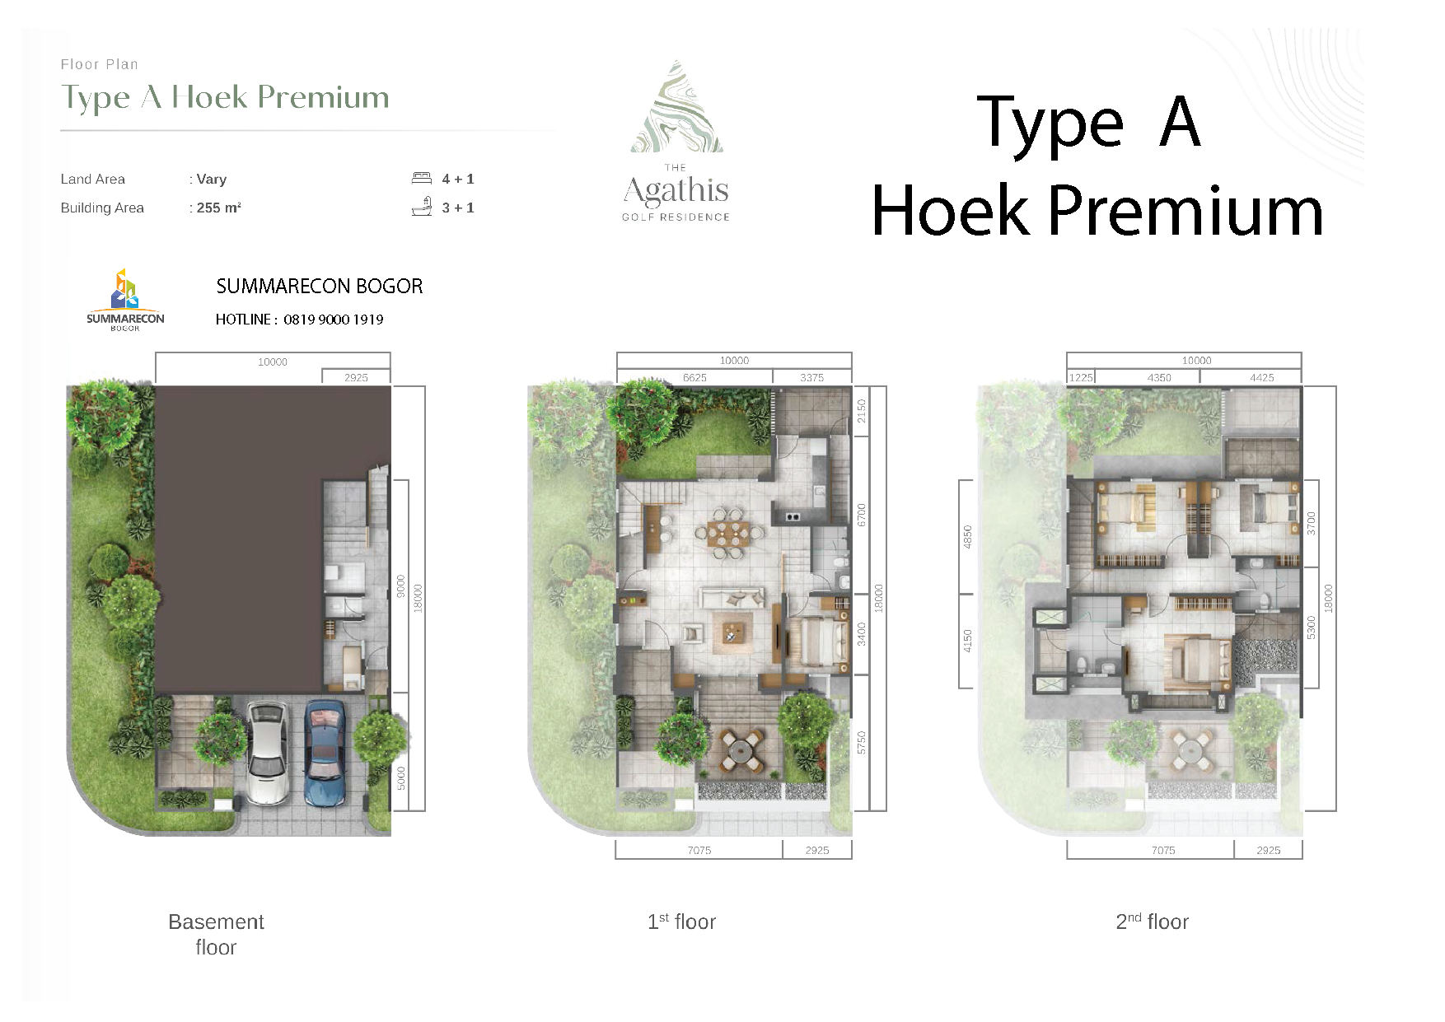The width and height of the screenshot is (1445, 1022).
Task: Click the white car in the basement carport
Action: (268, 752)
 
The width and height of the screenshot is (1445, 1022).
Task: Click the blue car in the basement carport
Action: (325, 752)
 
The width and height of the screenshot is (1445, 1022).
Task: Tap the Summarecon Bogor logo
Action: (125, 300)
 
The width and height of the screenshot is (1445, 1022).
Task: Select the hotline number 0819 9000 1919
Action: (334, 320)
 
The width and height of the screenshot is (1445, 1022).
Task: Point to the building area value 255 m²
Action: (218, 208)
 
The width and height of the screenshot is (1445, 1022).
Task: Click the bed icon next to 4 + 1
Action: (421, 178)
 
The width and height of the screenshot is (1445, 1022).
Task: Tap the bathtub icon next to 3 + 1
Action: (421, 207)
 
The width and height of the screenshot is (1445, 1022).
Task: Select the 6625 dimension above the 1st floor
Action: (694, 377)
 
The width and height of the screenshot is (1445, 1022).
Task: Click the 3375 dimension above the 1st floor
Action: (811, 377)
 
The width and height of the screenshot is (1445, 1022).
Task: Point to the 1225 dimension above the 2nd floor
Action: (1080, 377)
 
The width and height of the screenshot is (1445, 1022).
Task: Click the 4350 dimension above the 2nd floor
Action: (1159, 377)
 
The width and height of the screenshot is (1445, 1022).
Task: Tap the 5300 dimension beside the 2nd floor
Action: (1311, 627)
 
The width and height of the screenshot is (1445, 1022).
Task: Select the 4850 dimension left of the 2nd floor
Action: (968, 537)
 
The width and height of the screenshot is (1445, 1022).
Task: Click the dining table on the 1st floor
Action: (727, 532)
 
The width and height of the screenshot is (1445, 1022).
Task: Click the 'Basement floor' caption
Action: (216, 934)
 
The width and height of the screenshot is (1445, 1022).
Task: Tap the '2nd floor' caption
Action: (1152, 922)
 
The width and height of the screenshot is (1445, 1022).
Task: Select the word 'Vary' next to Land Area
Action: (212, 179)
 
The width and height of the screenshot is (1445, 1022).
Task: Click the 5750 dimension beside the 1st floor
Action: (862, 742)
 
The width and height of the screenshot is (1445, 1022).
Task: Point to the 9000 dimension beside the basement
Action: (400, 586)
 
